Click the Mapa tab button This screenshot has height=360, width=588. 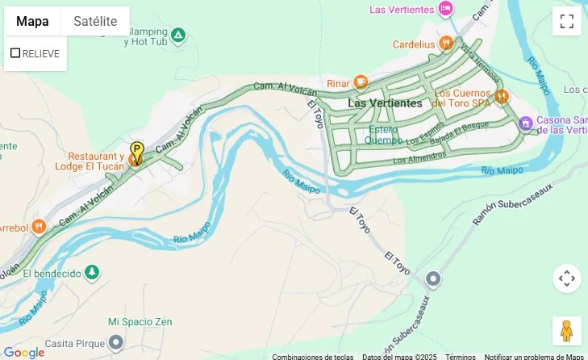(32, 22)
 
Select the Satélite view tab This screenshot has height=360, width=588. (95, 22)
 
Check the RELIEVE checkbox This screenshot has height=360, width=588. (15, 53)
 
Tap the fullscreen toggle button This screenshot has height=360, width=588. (566, 21)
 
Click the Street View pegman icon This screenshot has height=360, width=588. (566, 331)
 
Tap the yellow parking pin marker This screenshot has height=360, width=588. (137, 152)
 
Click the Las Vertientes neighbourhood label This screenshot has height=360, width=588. (385, 103)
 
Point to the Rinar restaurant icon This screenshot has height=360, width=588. (360, 82)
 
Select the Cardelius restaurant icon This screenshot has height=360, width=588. (446, 44)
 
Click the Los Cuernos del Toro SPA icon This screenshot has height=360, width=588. (502, 97)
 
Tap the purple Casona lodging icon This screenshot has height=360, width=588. (526, 123)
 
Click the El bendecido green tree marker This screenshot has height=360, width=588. (93, 273)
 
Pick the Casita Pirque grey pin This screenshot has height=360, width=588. (116, 341)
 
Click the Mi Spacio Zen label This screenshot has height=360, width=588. (140, 321)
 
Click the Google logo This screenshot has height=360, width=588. (24, 352)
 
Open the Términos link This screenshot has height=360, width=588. (461, 356)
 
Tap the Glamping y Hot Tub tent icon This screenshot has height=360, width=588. (178, 35)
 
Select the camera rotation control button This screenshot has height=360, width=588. (566, 278)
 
